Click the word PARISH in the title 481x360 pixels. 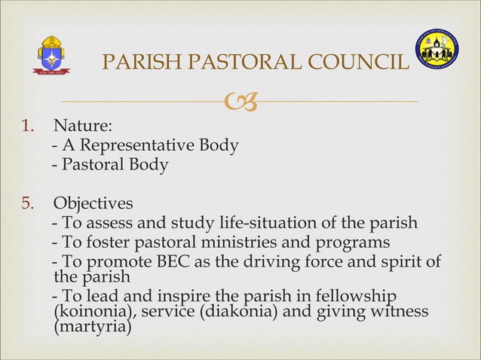(x=135, y=63)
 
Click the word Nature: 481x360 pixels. (x=83, y=125)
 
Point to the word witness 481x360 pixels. (x=401, y=312)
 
